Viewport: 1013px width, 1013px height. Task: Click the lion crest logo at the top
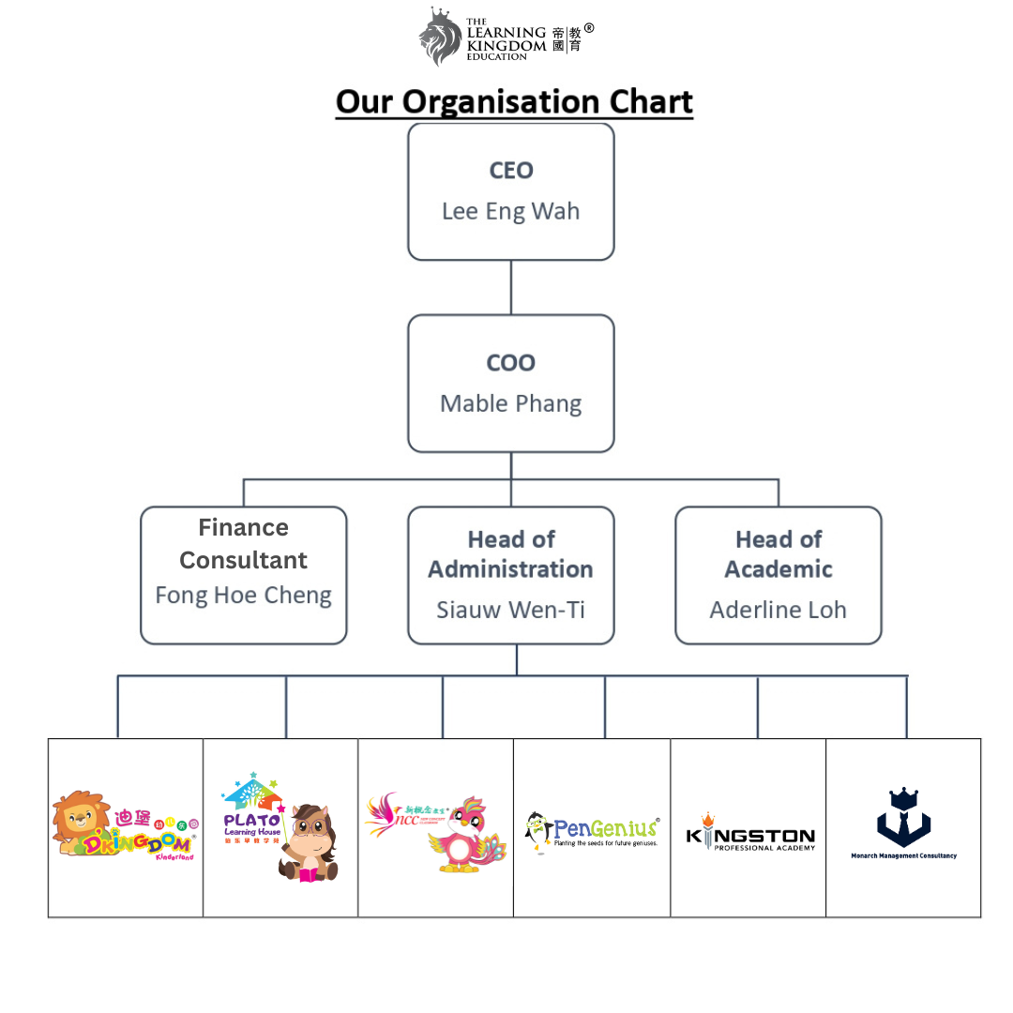(x=441, y=37)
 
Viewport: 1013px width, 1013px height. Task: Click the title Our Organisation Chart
(x=514, y=101)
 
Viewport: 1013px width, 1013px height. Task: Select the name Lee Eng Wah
(x=510, y=211)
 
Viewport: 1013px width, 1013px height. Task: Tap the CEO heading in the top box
(x=511, y=171)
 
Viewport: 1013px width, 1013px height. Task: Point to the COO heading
(x=511, y=363)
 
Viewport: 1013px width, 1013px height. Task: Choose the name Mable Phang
(x=511, y=404)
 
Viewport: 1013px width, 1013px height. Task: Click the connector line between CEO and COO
(x=511, y=287)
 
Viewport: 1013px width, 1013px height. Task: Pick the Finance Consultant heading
(x=244, y=544)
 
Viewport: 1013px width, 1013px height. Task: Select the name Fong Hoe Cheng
(x=244, y=596)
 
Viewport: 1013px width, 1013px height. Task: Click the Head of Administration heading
(x=511, y=554)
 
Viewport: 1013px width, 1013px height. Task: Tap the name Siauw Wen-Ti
(x=511, y=610)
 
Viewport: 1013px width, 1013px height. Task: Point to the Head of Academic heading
(x=779, y=554)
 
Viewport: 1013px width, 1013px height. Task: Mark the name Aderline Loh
(x=779, y=610)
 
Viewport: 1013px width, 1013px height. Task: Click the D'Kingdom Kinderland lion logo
(x=124, y=825)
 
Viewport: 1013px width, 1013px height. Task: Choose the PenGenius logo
(x=593, y=829)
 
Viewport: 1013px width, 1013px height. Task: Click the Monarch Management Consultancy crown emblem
(x=903, y=816)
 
